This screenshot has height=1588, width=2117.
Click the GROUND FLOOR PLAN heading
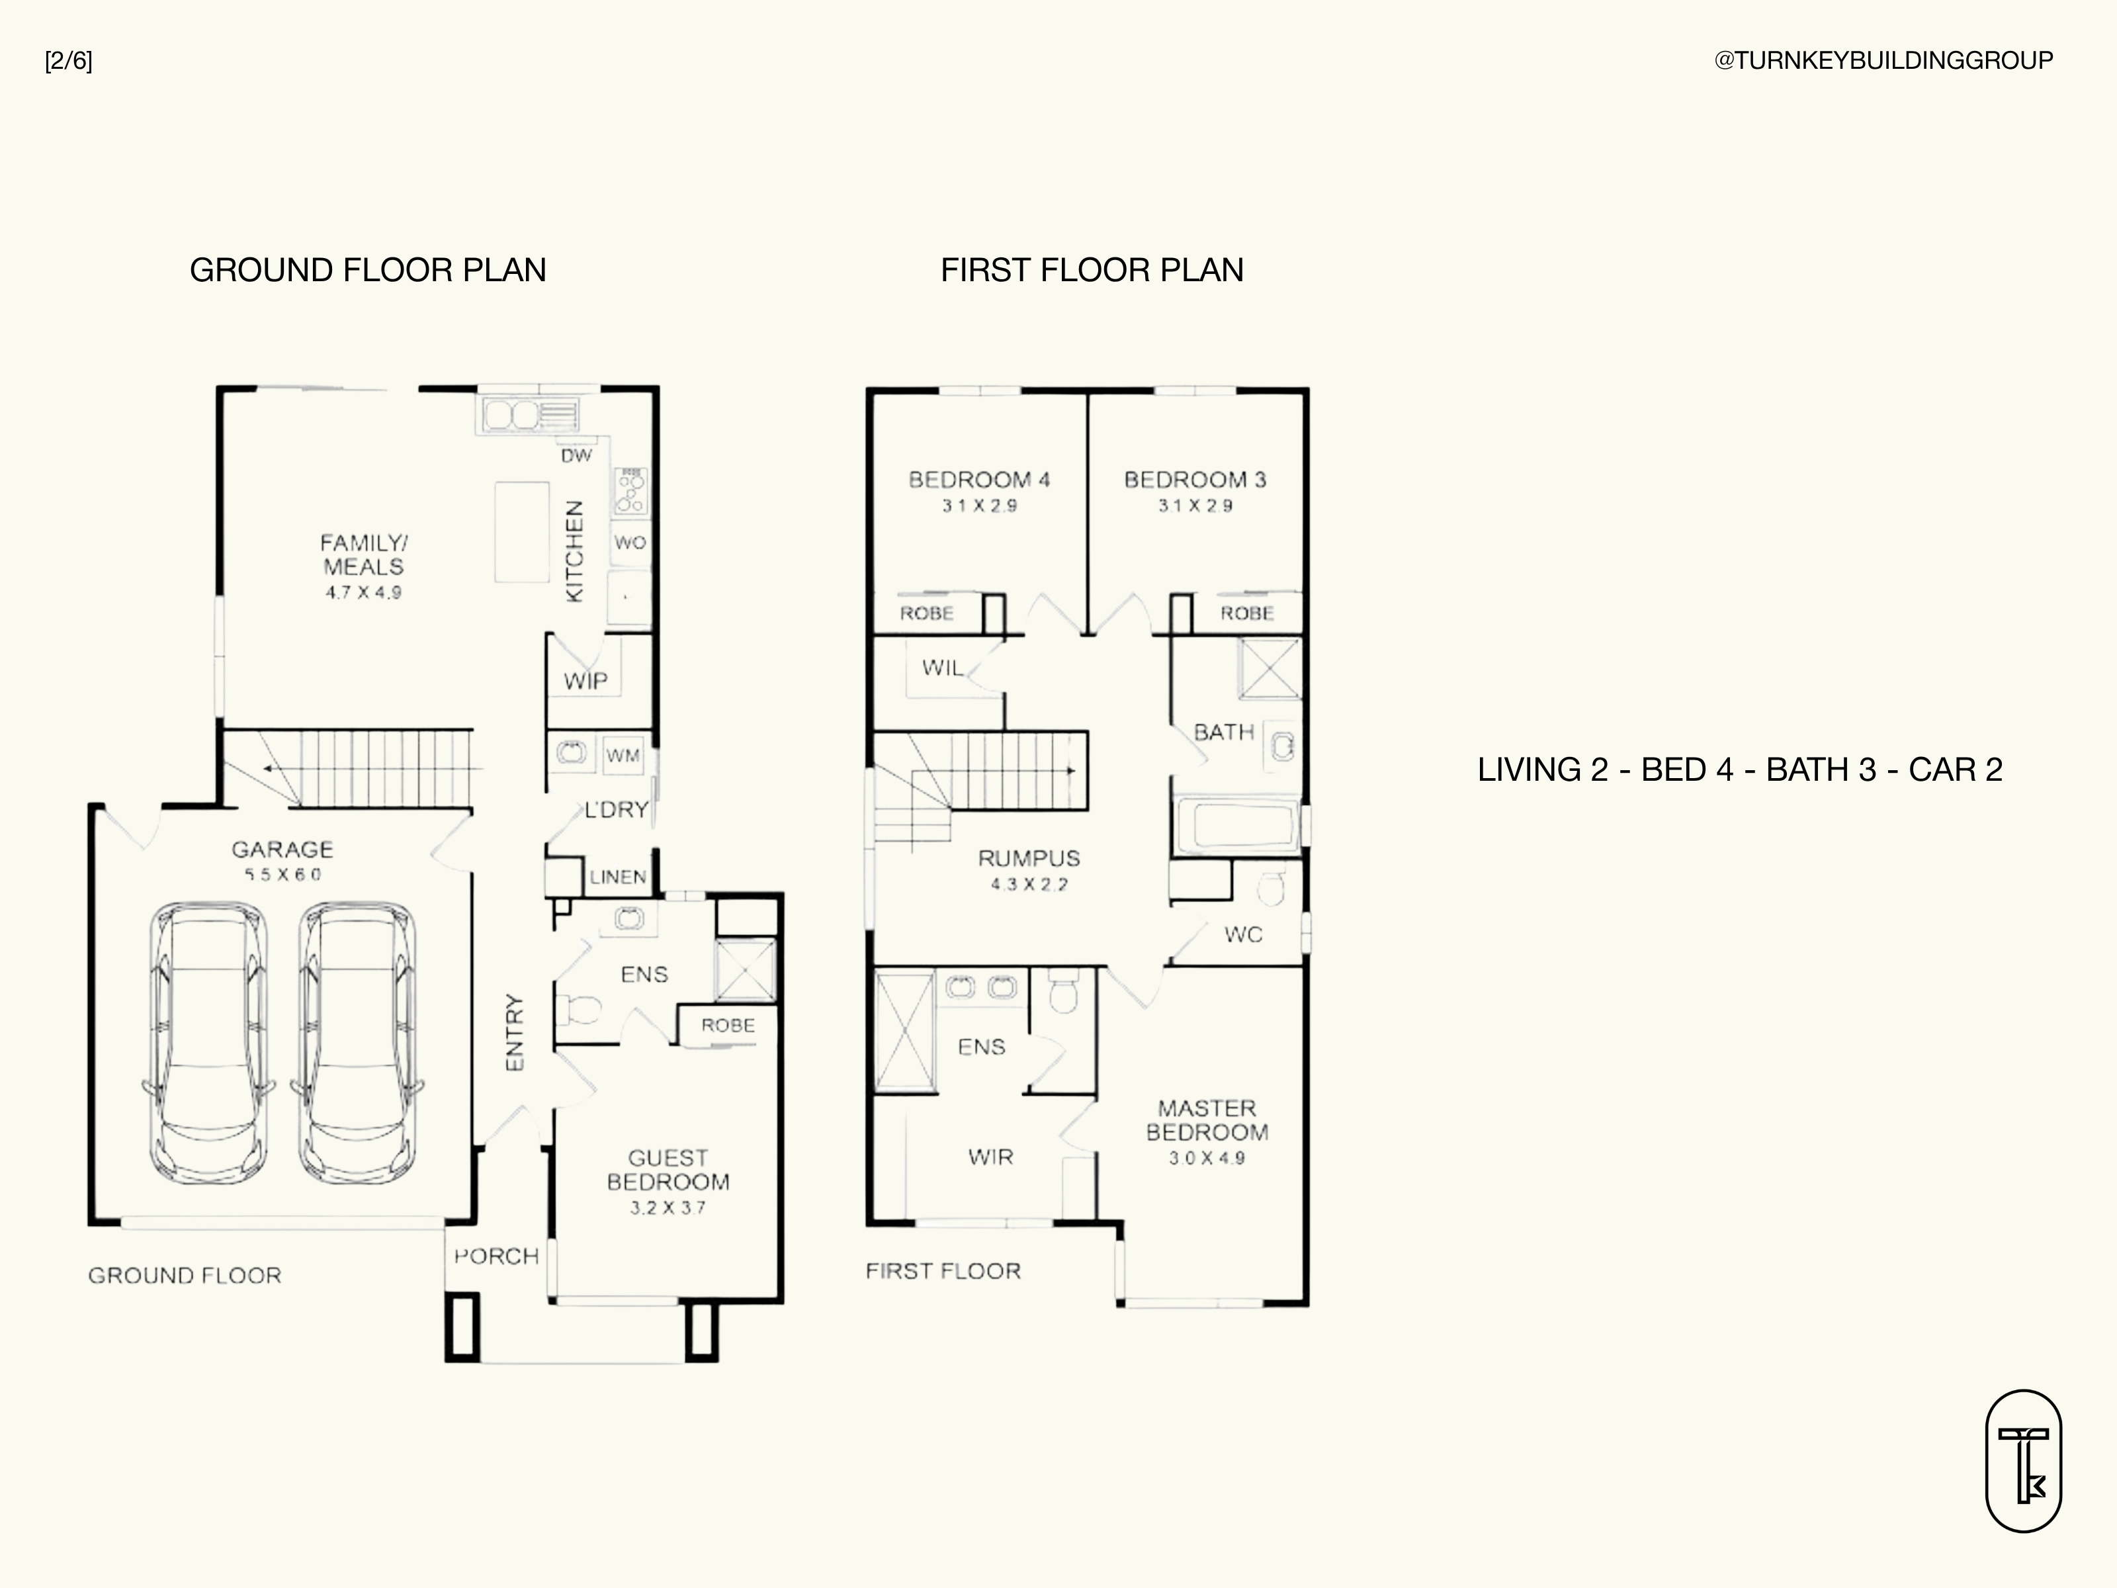coord(368,270)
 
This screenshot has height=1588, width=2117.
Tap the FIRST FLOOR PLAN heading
coord(1092,270)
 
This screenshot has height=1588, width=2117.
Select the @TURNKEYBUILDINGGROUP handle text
coord(1883,60)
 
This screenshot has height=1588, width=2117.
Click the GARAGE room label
coord(282,849)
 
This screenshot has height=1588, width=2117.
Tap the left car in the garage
coord(208,1044)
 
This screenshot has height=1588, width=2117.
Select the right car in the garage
coord(358,1044)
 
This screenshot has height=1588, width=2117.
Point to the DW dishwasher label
coord(576,456)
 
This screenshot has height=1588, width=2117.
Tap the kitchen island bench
coord(521,532)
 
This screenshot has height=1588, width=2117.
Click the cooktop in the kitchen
coord(630,491)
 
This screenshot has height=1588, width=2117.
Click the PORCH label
coord(497,1256)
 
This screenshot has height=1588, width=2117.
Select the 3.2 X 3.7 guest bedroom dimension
coord(668,1208)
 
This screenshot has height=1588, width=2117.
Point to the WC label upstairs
coord(1243,934)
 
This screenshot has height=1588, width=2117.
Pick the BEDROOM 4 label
coord(979,480)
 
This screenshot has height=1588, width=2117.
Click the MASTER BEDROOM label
coord(1207,1120)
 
